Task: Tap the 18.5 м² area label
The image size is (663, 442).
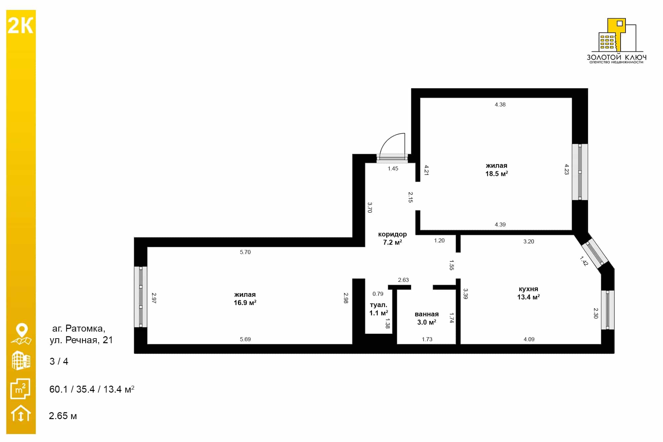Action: point(497,174)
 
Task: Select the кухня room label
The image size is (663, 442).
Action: point(528,289)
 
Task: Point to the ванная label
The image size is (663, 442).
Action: point(427,314)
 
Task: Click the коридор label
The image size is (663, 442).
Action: point(392,234)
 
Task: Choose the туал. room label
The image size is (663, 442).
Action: point(378,305)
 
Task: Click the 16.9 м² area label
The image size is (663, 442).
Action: point(245,303)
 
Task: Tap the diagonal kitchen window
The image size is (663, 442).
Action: point(595,253)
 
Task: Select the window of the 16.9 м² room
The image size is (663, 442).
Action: point(141,297)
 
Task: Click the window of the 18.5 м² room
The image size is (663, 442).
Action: point(580,172)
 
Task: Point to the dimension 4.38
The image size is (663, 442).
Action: point(500,104)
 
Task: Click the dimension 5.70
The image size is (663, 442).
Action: point(245,252)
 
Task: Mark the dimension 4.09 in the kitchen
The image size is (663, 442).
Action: point(529,339)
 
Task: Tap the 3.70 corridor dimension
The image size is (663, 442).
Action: point(370,208)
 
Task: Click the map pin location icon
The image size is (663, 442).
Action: point(22,334)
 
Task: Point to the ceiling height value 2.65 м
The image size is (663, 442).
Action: point(63,416)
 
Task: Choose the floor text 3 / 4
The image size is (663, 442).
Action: point(59,361)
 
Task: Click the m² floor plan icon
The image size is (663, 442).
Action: point(21,389)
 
